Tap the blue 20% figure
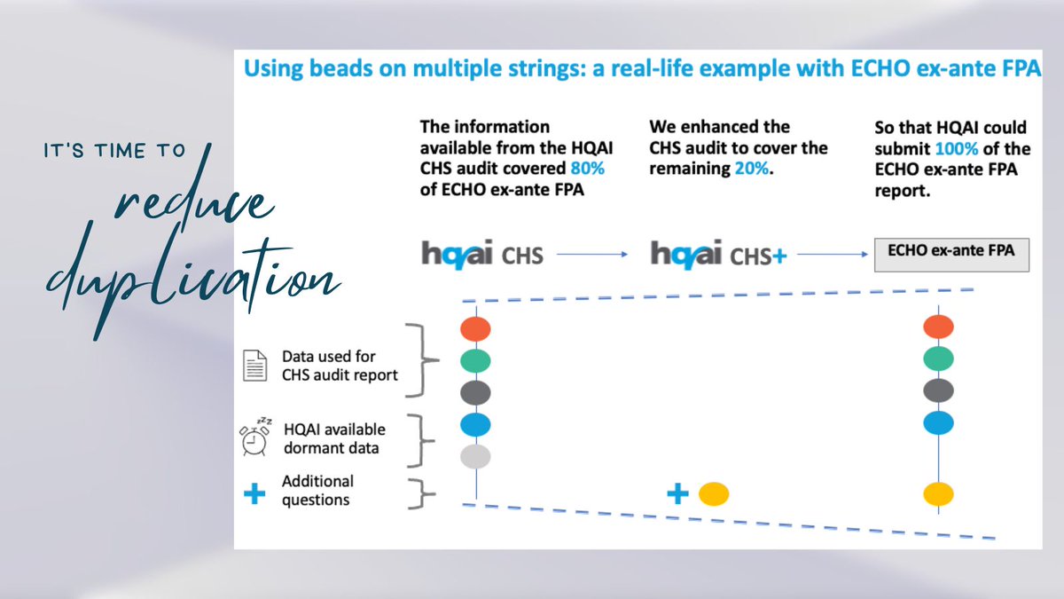752,168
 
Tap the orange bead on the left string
475,328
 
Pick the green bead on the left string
475,360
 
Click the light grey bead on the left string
475,456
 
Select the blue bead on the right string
938,423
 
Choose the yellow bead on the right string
938,493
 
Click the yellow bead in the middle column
712,493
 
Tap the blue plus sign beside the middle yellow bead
678,493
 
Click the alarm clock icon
255,436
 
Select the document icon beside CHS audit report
255,366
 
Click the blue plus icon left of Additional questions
254,494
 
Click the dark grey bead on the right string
938,390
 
